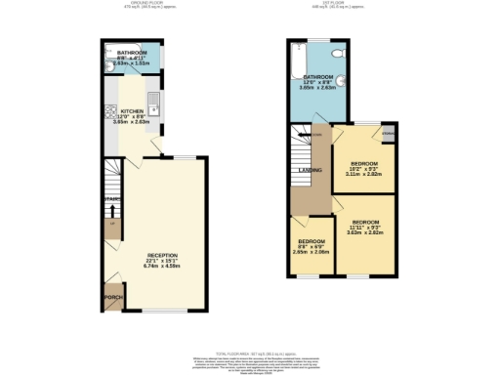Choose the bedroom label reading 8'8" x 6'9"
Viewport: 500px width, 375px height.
coord(312,241)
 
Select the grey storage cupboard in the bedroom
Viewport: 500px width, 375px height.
coord(387,133)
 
